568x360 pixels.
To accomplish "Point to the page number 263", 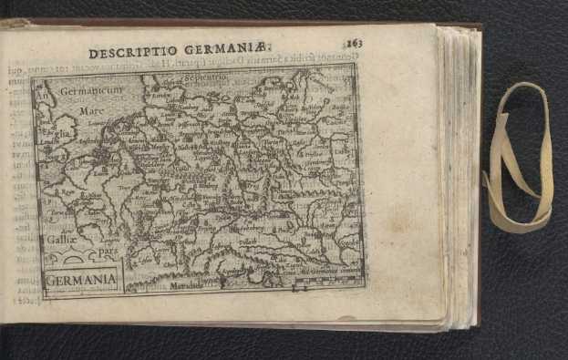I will [x=354, y=43].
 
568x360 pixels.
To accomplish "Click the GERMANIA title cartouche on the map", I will [x=81, y=277].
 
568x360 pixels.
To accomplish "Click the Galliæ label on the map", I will [x=56, y=239].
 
